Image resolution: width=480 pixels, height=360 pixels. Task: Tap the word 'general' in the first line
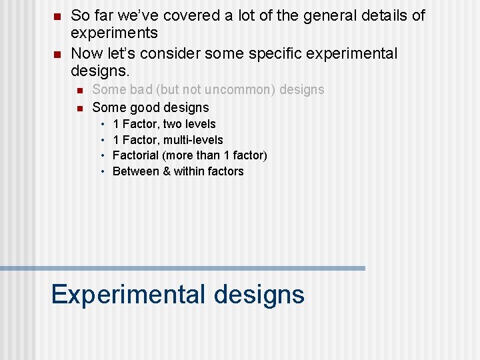coord(323,15)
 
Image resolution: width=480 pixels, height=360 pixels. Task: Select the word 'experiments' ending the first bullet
coord(114,33)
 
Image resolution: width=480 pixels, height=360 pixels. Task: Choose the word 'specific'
coord(297,53)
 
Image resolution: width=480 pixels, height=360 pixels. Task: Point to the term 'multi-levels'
coord(193,140)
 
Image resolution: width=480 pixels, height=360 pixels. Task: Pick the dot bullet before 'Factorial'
coord(103,156)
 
